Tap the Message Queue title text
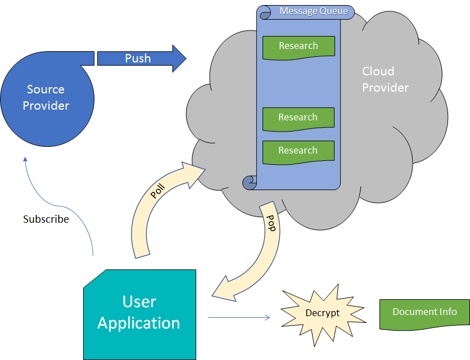314,11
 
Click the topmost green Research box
299,47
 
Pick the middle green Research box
299,118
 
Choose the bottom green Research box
299,151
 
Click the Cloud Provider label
385,79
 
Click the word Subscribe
46,219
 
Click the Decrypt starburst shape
322,313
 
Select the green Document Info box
424,313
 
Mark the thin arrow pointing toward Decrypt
239,318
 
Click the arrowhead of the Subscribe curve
25,160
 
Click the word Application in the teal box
139,323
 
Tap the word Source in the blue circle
46,89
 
